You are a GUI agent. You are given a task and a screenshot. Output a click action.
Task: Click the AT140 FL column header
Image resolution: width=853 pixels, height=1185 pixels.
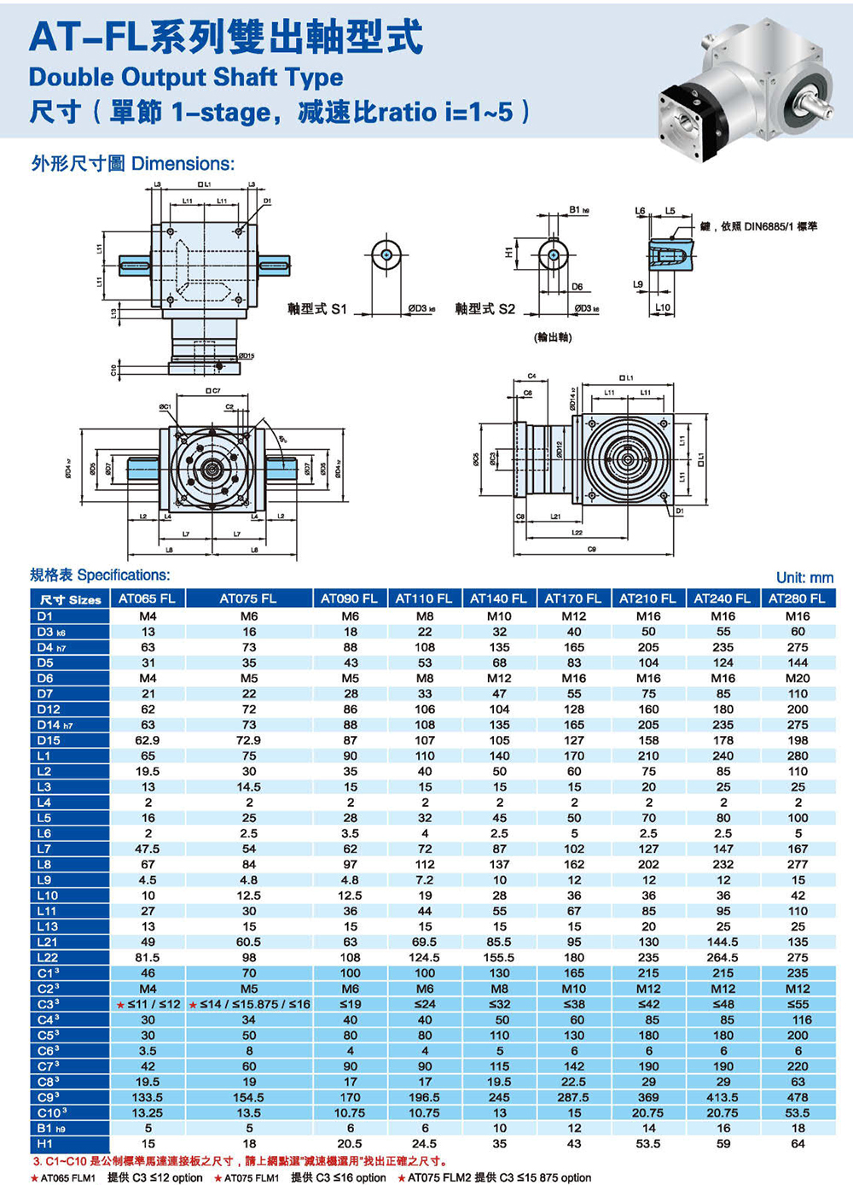pos(499,598)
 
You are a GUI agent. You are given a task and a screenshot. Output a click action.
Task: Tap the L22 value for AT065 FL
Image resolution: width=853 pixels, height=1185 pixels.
pos(148,958)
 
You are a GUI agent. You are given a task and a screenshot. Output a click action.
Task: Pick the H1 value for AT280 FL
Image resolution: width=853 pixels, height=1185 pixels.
pos(798,1144)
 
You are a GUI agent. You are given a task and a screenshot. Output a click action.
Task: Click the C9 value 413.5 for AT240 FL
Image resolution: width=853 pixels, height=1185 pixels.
pos(722,1097)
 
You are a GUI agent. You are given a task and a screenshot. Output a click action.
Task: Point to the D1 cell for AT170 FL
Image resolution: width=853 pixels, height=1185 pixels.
pos(574,616)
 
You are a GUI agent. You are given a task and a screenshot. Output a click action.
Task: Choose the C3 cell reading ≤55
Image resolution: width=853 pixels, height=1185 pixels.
pos(798,1004)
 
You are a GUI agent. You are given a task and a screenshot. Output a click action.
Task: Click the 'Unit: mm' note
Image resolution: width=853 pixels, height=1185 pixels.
pos(804,578)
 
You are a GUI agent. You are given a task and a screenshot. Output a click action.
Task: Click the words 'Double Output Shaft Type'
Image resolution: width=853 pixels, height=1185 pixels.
pos(186,78)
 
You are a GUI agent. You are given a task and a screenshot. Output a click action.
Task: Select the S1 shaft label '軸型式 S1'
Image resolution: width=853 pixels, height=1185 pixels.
pos(317,309)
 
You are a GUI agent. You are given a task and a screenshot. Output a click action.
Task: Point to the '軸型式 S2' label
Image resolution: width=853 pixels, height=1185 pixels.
pos(485,309)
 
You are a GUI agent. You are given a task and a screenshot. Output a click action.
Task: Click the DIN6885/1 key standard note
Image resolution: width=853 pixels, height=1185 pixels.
pos(758,227)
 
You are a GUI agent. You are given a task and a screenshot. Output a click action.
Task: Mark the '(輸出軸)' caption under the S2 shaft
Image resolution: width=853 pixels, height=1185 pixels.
pos(553,337)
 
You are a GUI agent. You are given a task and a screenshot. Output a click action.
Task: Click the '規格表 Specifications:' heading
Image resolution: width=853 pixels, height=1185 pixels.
pos(100,575)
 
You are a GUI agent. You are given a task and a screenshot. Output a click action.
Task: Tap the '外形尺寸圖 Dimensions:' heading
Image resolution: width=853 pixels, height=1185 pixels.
pos(132,164)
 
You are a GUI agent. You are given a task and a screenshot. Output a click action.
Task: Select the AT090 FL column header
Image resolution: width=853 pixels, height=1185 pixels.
pos(350,598)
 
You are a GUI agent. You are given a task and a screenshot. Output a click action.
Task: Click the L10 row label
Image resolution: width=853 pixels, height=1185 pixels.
pos(48,896)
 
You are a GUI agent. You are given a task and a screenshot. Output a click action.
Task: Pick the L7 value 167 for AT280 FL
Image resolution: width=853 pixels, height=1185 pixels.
pos(798,849)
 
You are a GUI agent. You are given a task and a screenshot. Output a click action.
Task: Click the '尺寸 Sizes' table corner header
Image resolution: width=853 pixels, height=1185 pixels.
pos(70,599)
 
